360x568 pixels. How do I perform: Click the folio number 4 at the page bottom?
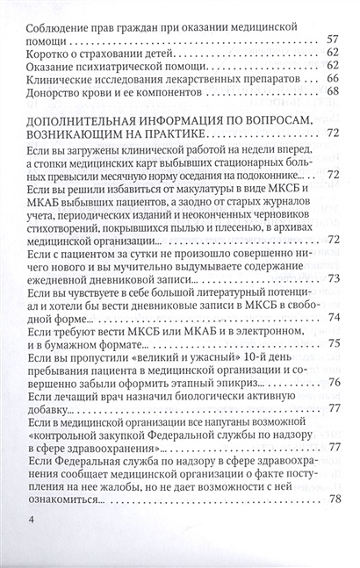click(32, 545)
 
